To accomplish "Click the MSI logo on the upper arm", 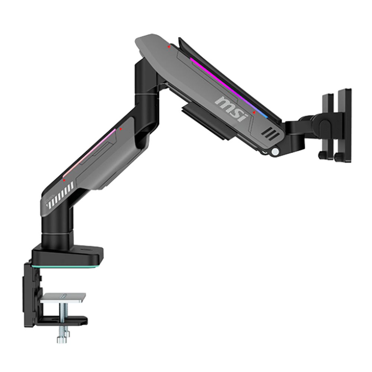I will (231, 108).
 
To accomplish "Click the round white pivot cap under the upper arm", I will (275, 152).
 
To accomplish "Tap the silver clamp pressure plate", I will (63, 297).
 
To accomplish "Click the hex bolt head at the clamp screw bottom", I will (63, 340).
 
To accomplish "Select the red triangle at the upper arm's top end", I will (169, 47).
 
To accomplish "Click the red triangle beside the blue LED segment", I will (254, 112).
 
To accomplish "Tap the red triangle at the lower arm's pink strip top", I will (121, 129).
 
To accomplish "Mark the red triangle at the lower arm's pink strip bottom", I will (64, 180).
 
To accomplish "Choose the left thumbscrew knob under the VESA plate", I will (322, 155).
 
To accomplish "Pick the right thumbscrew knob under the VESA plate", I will (339, 157).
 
